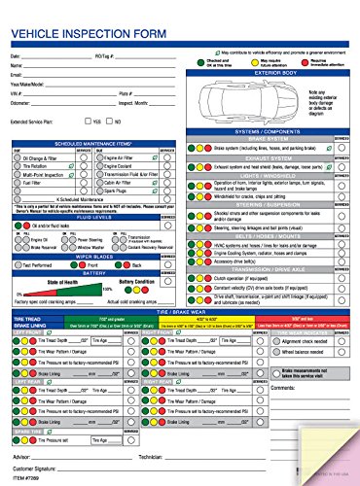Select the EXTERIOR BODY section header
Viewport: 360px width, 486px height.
(x=271, y=72)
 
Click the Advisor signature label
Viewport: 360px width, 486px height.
(x=23, y=455)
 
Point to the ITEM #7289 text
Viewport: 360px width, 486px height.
(x=26, y=480)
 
